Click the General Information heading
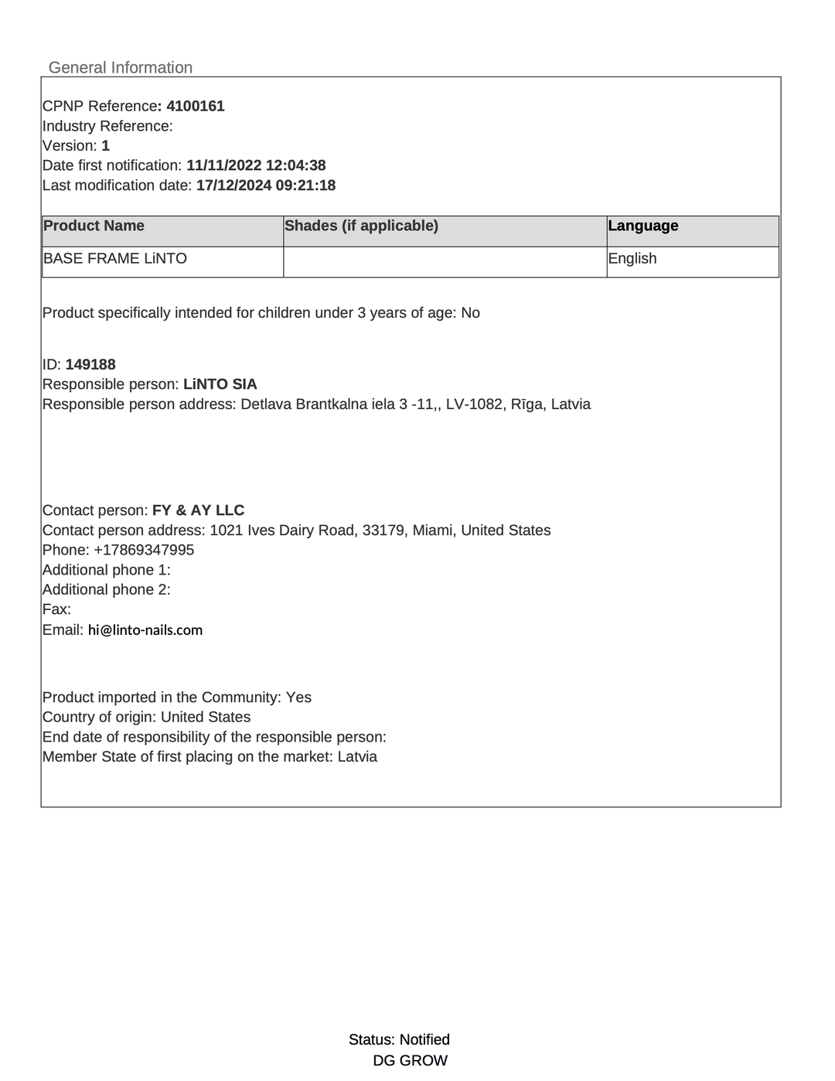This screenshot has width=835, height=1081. pos(120,67)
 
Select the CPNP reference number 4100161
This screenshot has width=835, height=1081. pos(196,106)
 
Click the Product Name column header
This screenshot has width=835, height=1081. pos(94,226)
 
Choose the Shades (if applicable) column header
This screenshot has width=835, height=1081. pos(361,226)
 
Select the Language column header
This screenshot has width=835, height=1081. pos(642,226)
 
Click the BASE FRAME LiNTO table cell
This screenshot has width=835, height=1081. pos(115,258)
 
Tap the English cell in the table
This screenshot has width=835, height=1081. pos(632,258)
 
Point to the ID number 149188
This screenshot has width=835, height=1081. pos(90,364)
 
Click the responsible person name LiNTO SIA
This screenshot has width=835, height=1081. pos(220,384)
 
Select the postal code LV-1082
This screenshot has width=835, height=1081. pos(474,404)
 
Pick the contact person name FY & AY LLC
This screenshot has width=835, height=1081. pos(198,510)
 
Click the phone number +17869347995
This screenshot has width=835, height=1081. pos(144,550)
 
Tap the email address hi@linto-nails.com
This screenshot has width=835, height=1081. pos(145,630)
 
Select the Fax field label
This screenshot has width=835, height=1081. pos(56,609)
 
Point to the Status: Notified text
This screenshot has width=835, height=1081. pos(399,1039)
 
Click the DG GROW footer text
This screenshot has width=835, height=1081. pos(410,1060)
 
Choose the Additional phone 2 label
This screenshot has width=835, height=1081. pos(106,589)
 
